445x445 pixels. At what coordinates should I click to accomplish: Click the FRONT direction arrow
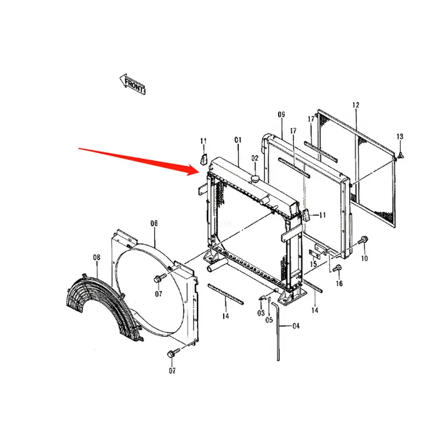click(132, 84)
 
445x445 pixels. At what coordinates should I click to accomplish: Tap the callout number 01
click(238, 140)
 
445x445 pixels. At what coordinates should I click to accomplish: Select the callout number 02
click(255, 158)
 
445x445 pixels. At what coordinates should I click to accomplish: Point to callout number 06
click(154, 223)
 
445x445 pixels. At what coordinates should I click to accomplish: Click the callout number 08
click(97, 257)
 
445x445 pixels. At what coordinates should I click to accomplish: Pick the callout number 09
click(281, 114)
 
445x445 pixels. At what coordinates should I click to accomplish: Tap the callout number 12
click(356, 105)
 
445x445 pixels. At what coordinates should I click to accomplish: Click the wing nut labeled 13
click(400, 155)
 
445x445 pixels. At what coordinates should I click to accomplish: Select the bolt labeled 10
click(363, 240)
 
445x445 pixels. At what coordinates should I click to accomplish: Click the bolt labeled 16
click(338, 267)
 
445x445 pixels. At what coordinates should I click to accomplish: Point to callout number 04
click(296, 326)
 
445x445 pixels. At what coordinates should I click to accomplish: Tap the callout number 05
click(269, 320)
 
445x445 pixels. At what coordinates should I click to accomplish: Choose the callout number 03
click(261, 313)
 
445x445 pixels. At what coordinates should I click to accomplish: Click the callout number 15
click(313, 264)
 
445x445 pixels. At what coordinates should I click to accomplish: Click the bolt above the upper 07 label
click(159, 278)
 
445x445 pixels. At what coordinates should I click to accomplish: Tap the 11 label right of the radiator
click(322, 215)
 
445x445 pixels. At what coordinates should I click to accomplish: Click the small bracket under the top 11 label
click(204, 159)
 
